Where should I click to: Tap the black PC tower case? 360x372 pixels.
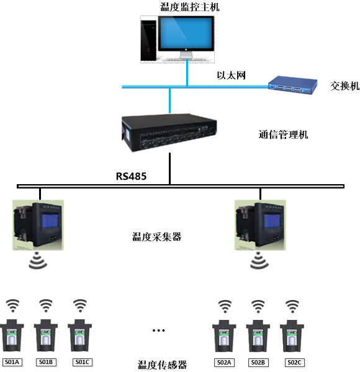point(148,39)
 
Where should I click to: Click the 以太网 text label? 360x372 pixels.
point(231,76)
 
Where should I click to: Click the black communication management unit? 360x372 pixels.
point(169,131)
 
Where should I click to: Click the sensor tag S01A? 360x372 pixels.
point(12,362)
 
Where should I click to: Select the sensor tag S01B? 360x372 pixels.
point(46,362)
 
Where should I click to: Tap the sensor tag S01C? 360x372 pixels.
point(80,362)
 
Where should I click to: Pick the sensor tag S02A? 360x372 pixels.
point(225,362)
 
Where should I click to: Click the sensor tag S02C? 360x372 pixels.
point(294,362)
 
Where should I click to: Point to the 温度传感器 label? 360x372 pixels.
point(162,364)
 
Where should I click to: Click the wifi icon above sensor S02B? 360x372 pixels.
point(259,306)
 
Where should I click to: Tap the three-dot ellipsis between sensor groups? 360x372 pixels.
point(159,330)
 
